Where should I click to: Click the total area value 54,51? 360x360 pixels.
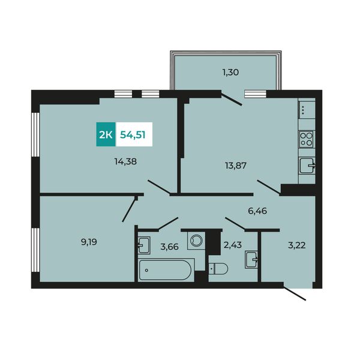(133, 135)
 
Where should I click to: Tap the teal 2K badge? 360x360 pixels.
(106, 134)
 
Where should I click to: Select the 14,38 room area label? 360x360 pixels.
(125, 161)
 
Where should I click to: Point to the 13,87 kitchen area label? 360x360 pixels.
(236, 166)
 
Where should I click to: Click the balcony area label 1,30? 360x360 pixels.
(230, 73)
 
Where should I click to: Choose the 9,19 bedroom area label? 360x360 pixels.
(89, 242)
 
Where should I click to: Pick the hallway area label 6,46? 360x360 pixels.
(257, 211)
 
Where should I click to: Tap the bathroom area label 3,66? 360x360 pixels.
(169, 247)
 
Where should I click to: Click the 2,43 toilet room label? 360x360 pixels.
(233, 245)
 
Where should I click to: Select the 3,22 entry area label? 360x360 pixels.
(296, 245)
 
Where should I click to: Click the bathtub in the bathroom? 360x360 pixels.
(165, 270)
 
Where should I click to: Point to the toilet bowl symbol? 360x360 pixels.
(218, 269)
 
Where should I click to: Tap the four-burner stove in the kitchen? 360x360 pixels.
(307, 139)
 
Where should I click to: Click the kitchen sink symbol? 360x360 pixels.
(307, 166)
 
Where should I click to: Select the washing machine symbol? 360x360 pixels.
(196, 240)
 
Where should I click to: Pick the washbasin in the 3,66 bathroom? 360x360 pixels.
(144, 245)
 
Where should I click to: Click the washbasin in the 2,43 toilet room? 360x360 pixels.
(251, 260)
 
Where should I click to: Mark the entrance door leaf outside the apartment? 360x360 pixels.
(295, 293)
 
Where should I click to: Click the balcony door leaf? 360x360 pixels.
(232, 98)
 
